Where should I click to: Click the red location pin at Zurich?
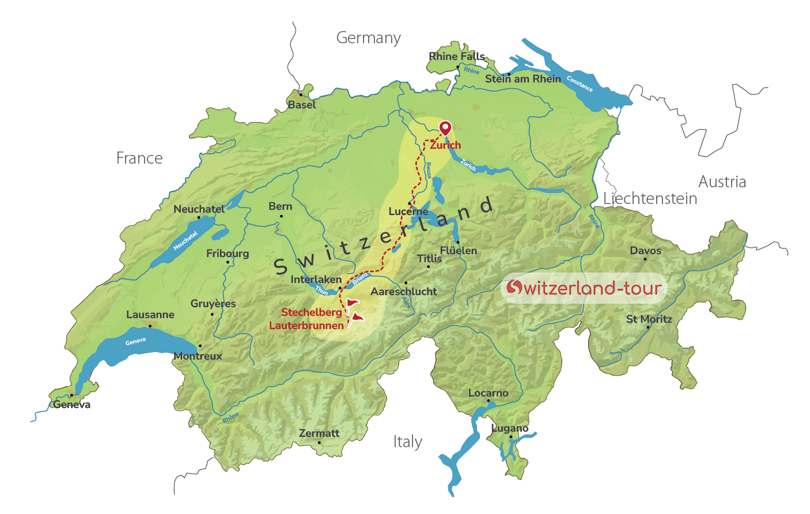[x=445, y=127]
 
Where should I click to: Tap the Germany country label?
[x=368, y=38]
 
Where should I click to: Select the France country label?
[x=139, y=158]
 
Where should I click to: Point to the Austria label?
[x=722, y=182]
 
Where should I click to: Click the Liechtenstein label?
[x=650, y=199]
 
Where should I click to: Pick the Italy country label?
[x=407, y=442]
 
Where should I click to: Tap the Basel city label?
[x=302, y=105]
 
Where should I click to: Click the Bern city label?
[x=280, y=206]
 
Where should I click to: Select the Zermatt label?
[x=319, y=433]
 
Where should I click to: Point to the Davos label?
[x=645, y=251]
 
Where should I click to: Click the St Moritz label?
[x=649, y=319]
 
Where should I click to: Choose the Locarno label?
[x=488, y=393]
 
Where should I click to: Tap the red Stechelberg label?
[x=311, y=312]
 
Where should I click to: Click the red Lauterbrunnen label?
[x=306, y=326]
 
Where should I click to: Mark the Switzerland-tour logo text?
[x=584, y=288]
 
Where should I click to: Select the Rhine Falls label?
[x=456, y=56]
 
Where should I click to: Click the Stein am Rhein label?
[x=523, y=79]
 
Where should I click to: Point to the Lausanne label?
[x=150, y=315]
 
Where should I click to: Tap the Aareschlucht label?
[x=403, y=292]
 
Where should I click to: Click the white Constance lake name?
[x=580, y=84]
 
